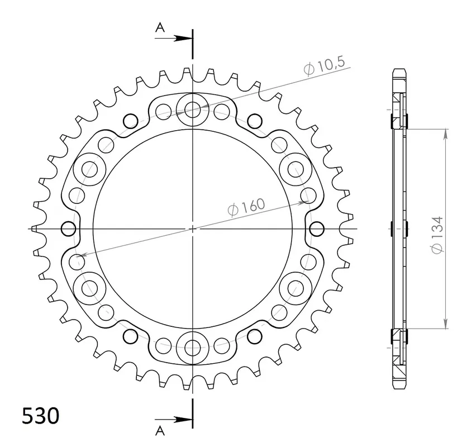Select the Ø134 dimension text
[x=437, y=235]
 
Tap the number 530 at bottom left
[x=41, y=416]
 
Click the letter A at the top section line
[x=160, y=27]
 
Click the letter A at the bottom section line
[x=160, y=431]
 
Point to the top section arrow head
[x=183, y=38]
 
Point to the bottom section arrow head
[x=183, y=420]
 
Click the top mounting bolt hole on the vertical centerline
[x=192, y=110]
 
